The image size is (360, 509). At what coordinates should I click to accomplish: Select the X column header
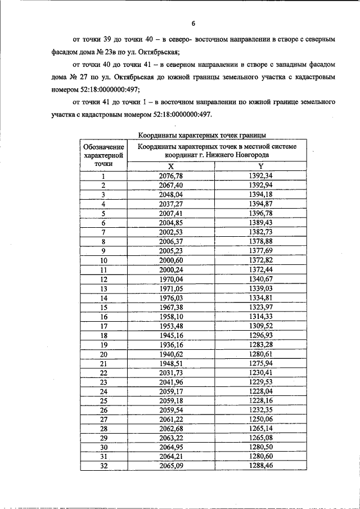[171, 166]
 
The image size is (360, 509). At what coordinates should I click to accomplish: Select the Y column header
[260, 166]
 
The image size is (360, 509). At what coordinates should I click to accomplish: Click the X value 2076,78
[171, 175]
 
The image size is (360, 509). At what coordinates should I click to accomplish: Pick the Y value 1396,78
[260, 213]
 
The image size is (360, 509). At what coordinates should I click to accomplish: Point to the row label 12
[103, 279]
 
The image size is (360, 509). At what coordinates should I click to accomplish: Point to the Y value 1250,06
[260, 420]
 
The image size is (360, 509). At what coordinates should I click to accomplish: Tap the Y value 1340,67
[260, 279]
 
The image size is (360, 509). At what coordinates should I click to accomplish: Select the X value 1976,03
[171, 298]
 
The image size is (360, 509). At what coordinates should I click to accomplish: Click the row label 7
[103, 232]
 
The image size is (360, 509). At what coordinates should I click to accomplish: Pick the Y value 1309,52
[260, 326]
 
